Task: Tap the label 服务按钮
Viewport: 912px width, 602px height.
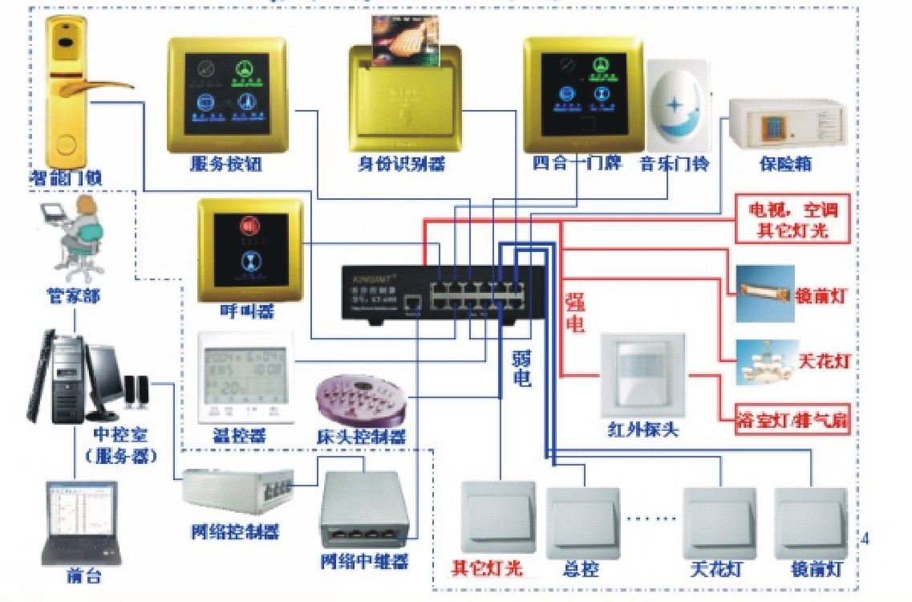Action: click(225, 165)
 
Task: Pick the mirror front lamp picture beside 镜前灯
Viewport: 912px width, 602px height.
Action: click(764, 294)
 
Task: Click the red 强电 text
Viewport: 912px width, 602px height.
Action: click(576, 313)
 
